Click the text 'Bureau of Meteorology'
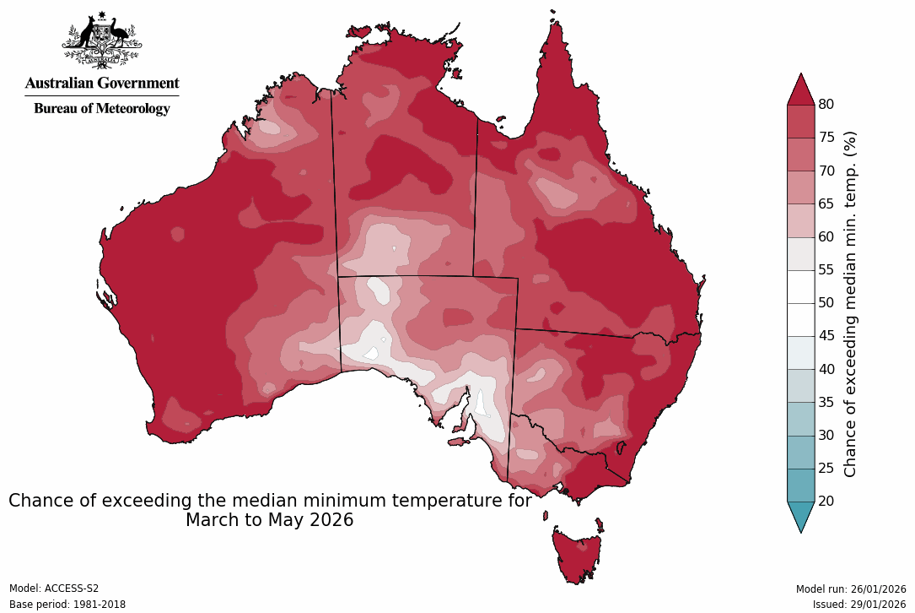[x=102, y=109]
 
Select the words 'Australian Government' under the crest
[x=102, y=83]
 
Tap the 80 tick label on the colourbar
[x=826, y=104]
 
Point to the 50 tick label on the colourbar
[x=826, y=302]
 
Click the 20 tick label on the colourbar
[x=826, y=501]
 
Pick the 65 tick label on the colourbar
[x=826, y=203]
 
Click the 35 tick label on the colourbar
[x=826, y=402]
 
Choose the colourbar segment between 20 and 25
[x=800, y=485]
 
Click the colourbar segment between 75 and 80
[x=800, y=121]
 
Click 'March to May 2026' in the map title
[x=269, y=520]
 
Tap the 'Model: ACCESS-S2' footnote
[x=54, y=589]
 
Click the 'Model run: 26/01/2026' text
[x=851, y=589]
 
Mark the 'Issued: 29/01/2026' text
[x=859, y=605]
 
